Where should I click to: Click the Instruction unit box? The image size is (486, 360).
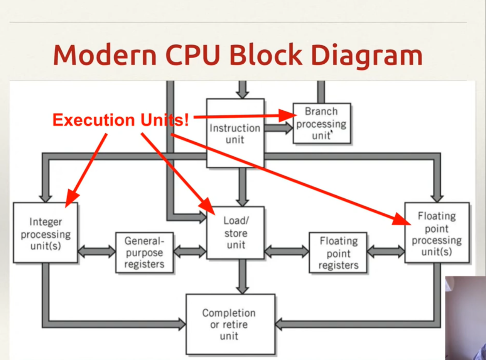coord(235,133)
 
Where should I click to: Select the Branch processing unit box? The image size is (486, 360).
coord(322,123)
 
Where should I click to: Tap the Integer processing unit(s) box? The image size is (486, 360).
coord(46,233)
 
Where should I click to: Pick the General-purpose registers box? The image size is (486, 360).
coord(144,253)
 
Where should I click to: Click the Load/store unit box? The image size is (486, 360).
coord(235,233)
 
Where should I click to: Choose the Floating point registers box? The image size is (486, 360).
coord(338,253)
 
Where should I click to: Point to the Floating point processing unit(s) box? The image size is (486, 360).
coord(437,233)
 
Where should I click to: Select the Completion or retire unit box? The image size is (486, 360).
coord(231,324)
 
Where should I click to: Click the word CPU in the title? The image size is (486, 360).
coord(193,55)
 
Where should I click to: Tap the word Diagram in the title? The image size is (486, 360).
coord(366,56)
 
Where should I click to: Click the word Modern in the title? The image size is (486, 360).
coord(105,55)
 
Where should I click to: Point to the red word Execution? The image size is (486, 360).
coord(94,120)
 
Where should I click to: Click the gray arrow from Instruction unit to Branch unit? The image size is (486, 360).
coord(278,128)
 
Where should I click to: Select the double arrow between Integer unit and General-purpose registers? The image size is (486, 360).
coord(97,252)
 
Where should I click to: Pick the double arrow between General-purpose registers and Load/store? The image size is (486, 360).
coord(190,252)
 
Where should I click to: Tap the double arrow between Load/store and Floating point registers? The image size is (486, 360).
coord(287,252)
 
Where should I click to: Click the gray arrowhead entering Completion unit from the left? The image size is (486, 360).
coord(182,324)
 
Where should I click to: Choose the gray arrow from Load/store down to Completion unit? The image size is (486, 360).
coord(242,277)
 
